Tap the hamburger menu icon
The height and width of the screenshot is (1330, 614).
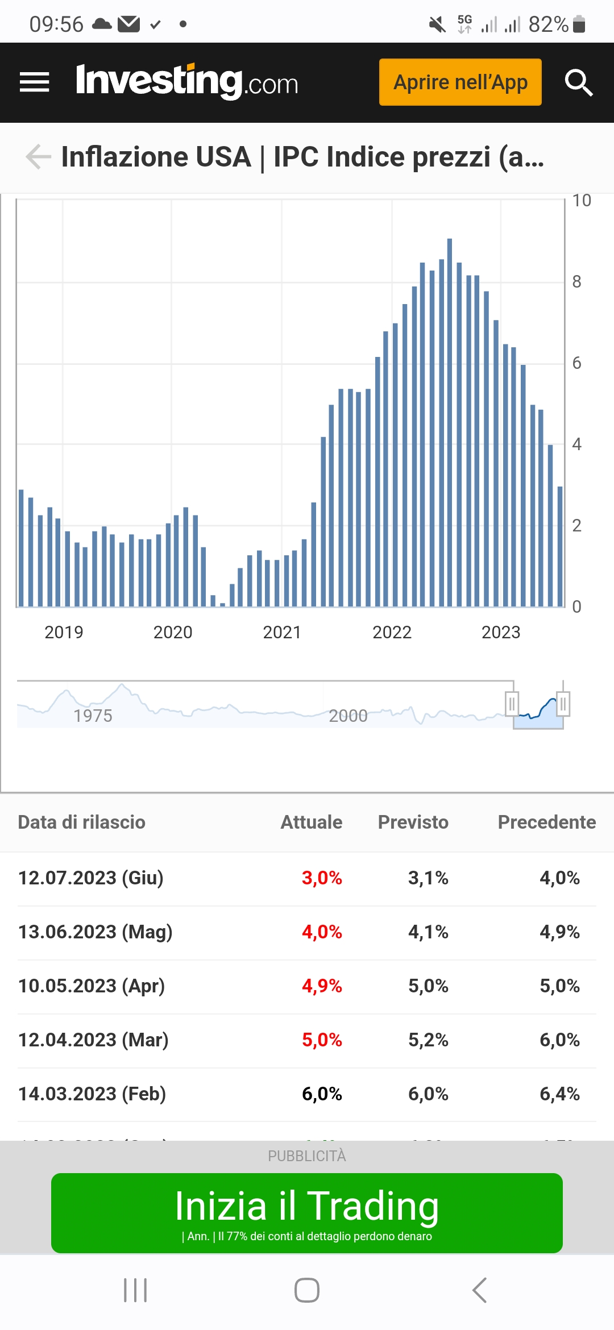click(34, 82)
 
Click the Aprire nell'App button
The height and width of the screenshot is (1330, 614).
click(460, 82)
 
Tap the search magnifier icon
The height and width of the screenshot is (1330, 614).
click(579, 83)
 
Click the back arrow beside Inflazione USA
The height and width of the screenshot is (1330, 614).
click(39, 157)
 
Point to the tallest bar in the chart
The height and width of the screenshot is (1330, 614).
click(450, 421)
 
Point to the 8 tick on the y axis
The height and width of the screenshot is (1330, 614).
click(576, 282)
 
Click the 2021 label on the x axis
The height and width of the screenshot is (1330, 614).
click(282, 632)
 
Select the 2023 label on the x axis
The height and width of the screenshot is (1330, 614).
click(501, 632)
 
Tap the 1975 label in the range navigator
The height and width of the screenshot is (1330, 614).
click(93, 716)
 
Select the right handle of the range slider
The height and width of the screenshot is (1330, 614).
click(563, 704)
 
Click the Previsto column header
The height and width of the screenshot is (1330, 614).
click(413, 822)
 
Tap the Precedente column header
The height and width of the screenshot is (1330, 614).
click(546, 822)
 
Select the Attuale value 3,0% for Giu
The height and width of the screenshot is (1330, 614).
click(322, 878)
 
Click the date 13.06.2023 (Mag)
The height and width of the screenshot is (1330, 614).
click(96, 932)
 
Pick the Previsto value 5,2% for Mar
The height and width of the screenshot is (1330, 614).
click(428, 1040)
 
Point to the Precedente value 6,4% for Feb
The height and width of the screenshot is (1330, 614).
click(559, 1094)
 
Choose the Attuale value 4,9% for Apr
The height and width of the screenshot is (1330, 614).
click(322, 986)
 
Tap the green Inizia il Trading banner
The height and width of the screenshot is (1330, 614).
click(307, 1213)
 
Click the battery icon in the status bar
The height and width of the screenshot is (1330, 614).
click(579, 24)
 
